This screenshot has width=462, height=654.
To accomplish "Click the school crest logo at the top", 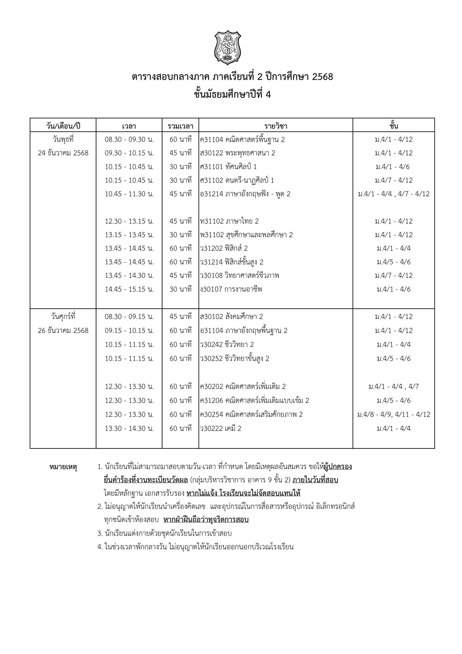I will pos(227,47).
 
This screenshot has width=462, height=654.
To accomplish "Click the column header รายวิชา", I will pos(276,126).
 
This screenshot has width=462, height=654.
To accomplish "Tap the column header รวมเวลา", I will pos(180,126).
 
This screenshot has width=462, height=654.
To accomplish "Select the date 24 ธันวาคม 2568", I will pos(63,153).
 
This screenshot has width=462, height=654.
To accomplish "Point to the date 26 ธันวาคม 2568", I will pos(63,330).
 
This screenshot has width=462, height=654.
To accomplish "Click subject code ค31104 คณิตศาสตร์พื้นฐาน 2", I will pos(242,139).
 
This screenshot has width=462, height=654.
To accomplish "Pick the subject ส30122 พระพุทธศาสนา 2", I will pos(238,153).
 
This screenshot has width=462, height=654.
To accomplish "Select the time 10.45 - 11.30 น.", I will pos(129,194).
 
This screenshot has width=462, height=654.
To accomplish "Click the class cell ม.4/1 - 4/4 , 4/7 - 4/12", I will pos(394,194).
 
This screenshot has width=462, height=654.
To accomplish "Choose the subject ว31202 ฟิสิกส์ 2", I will pos(224,248).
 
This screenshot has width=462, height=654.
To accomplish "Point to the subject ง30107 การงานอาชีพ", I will pos(231,289).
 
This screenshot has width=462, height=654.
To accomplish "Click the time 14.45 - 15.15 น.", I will pos(129,289).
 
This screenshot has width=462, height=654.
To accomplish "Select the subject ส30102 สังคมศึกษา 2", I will pos(232,317).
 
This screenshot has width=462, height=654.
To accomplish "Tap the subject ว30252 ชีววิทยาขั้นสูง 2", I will pos(235,358).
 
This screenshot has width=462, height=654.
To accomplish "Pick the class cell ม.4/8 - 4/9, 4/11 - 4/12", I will pos(394,414).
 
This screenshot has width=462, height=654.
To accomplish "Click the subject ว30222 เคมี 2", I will pos(221,428).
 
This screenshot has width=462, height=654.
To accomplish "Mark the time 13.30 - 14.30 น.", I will pos(129,428).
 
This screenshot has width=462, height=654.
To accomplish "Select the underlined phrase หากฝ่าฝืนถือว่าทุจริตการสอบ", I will pos(206,520).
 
